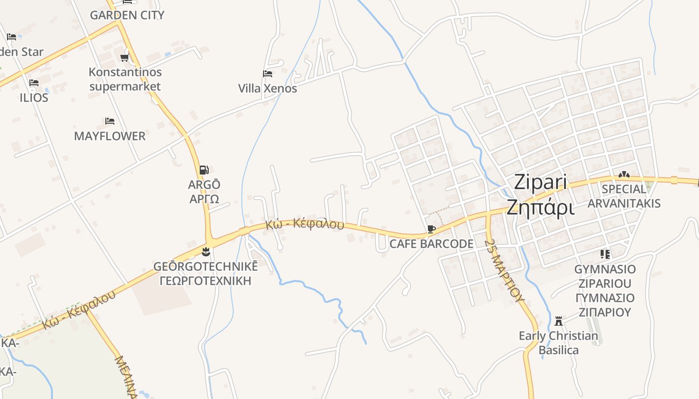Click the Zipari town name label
(541, 182)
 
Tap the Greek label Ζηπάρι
(541, 207)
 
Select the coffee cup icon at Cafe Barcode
(431, 229)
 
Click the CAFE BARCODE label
(431, 244)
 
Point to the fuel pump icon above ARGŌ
(204, 170)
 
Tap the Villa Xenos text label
(268, 89)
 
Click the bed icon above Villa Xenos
(268, 74)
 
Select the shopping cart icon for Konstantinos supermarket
(125, 58)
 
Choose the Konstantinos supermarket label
(125, 79)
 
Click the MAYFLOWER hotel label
(110, 136)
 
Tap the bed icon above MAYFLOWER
(110, 121)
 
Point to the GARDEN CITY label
(127, 15)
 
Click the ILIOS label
(34, 98)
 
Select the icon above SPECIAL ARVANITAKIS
(624, 175)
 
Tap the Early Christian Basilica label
(559, 343)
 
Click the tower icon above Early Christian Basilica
(559, 321)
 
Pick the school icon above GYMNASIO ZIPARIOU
(605, 254)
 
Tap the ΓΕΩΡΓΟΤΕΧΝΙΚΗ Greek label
(206, 281)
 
